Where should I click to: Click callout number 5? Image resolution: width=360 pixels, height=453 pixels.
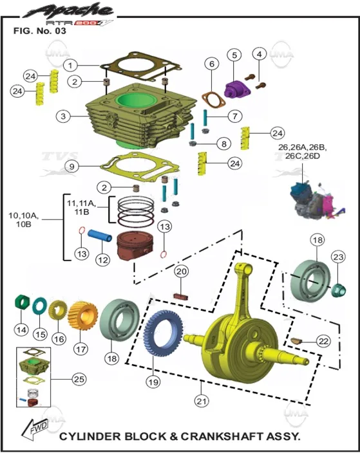[234, 55]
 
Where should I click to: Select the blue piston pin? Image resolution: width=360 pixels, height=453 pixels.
[100, 236]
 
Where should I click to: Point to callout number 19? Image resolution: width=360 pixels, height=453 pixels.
[153, 382]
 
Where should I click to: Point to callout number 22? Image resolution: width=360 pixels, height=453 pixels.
[323, 341]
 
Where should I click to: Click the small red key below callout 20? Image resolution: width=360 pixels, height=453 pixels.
[181, 297]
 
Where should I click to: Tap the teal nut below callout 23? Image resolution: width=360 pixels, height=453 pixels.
[338, 291]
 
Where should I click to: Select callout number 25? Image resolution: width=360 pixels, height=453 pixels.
[79, 379]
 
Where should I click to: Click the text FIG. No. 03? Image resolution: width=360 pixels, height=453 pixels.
[40, 31]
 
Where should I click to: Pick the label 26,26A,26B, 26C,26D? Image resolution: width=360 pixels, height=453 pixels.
[303, 151]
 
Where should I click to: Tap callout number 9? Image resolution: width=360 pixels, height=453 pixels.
[72, 167]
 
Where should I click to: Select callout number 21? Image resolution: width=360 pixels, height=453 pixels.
[202, 401]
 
